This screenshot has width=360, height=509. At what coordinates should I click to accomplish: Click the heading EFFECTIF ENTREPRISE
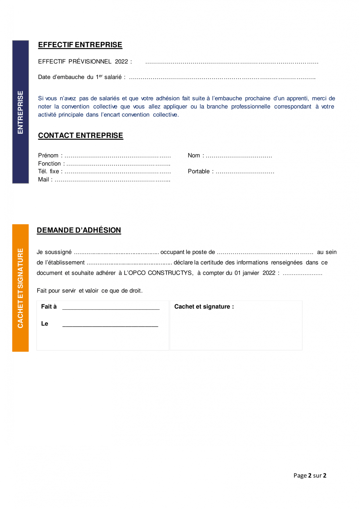(x=80, y=45)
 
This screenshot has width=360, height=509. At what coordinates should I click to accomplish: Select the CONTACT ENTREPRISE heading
(x=81, y=136)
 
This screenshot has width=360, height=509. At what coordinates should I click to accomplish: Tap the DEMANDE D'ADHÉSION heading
(x=79, y=230)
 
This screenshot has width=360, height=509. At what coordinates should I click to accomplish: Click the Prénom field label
(x=48, y=155)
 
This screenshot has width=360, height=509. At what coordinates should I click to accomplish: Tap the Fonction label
(x=50, y=164)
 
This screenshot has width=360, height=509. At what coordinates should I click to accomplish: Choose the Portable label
(x=199, y=172)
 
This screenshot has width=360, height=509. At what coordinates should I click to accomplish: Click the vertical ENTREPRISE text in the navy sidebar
(x=21, y=112)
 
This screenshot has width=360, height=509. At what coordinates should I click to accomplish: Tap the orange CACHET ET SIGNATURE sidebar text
(x=21, y=288)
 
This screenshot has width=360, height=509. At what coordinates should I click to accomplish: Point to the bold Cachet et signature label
(x=204, y=307)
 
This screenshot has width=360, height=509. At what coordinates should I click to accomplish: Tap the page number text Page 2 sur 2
(x=310, y=476)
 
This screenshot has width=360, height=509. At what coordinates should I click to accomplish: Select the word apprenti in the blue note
(x=297, y=99)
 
